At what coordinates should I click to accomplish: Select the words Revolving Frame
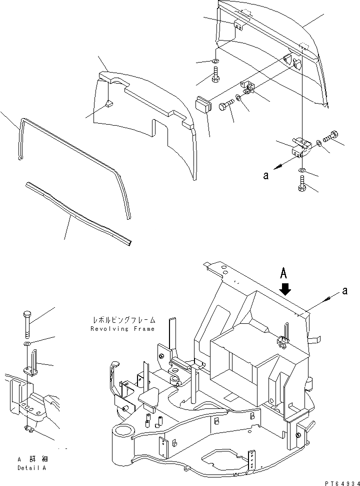(123, 329)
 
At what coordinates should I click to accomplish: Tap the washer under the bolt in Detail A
(27, 345)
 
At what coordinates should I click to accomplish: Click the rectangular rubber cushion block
(203, 107)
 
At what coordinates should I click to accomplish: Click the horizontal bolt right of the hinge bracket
(332, 135)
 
